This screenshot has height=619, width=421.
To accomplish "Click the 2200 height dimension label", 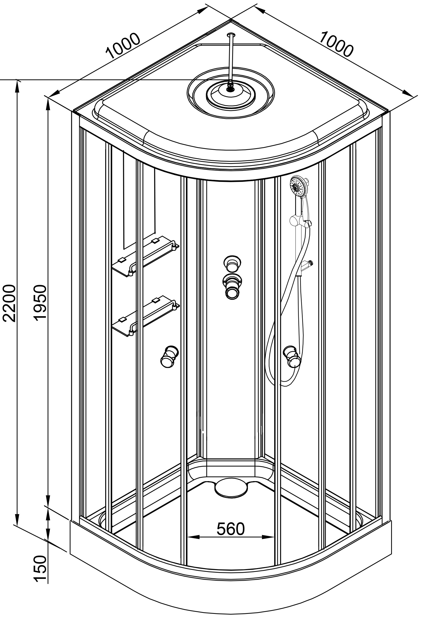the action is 9,303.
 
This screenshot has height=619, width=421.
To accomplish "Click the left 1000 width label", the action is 123,46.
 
